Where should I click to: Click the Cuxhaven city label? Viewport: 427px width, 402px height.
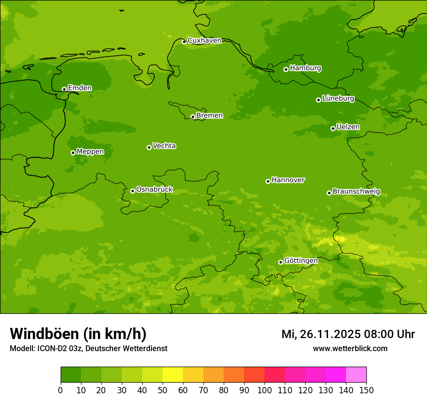[x=204, y=41]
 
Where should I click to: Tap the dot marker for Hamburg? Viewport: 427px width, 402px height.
[x=286, y=69]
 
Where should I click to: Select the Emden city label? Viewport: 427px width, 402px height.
[x=80, y=88]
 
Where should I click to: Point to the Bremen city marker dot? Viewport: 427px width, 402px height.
[x=193, y=117]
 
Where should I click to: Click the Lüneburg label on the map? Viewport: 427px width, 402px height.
[x=338, y=99]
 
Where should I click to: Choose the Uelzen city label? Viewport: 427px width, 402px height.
[x=348, y=127]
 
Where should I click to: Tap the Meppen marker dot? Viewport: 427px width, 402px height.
[x=73, y=153]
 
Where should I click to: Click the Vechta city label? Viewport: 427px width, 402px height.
[x=164, y=146]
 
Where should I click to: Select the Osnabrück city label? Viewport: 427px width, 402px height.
[x=154, y=190]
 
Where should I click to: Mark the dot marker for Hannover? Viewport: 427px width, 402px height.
[x=268, y=181]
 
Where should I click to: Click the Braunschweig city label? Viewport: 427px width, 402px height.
[x=356, y=192]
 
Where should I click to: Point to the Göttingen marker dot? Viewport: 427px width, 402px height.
[x=280, y=262]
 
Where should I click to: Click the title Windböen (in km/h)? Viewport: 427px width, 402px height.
[x=78, y=334]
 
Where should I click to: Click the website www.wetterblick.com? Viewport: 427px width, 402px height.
[x=350, y=348]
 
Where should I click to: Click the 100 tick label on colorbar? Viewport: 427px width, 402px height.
[x=264, y=390]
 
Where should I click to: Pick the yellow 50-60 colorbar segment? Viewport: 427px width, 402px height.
[x=173, y=375]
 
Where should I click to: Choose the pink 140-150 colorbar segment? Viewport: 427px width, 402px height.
[x=356, y=375]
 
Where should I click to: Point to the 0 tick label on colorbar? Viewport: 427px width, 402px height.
[x=61, y=390]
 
